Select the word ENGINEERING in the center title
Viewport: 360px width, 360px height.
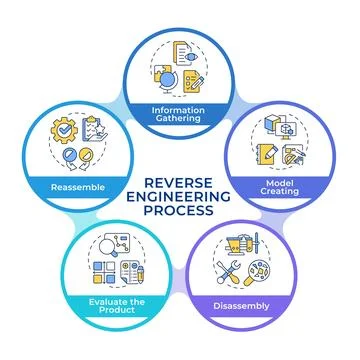(179, 197)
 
